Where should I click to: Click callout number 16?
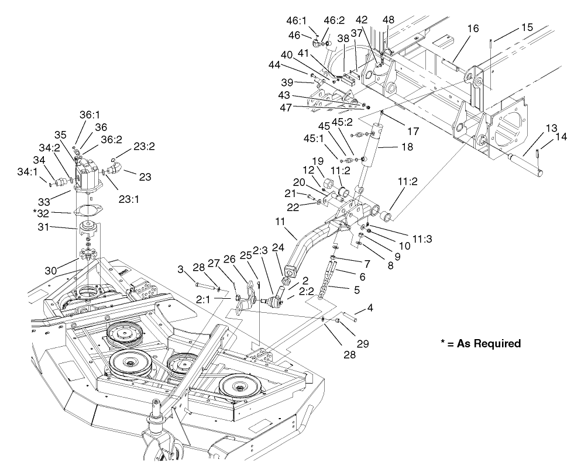pyautogui.click(x=473, y=28)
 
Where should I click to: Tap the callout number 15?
pyautogui.click(x=527, y=27)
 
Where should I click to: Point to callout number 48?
pyautogui.click(x=388, y=19)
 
